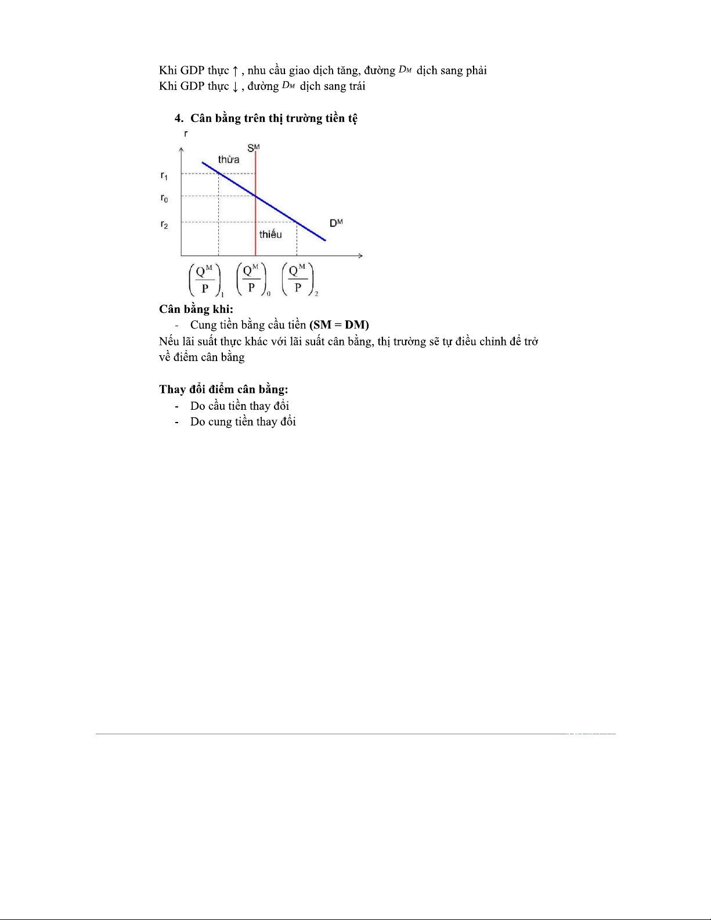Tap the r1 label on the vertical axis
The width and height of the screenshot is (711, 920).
164,175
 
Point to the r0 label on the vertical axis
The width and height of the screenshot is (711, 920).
164,199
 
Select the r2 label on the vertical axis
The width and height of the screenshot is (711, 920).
164,225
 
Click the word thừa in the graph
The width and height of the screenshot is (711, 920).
229,160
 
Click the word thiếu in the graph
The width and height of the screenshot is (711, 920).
270,234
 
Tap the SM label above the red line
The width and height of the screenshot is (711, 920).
254,148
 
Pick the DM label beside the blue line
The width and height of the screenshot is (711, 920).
336,223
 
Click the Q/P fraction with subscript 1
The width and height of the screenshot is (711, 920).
205,279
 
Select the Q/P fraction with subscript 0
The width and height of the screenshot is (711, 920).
251,279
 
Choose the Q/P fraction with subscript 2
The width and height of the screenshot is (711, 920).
298,279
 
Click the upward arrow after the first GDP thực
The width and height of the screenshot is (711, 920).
235,71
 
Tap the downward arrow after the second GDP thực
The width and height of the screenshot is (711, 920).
235,87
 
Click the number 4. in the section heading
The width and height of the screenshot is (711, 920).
179,118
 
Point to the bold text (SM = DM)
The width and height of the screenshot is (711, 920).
339,325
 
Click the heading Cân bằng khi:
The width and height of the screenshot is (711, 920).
196,309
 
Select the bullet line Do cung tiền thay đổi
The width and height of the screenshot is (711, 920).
243,422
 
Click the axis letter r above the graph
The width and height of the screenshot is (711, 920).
186,134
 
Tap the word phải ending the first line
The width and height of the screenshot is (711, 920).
476,71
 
